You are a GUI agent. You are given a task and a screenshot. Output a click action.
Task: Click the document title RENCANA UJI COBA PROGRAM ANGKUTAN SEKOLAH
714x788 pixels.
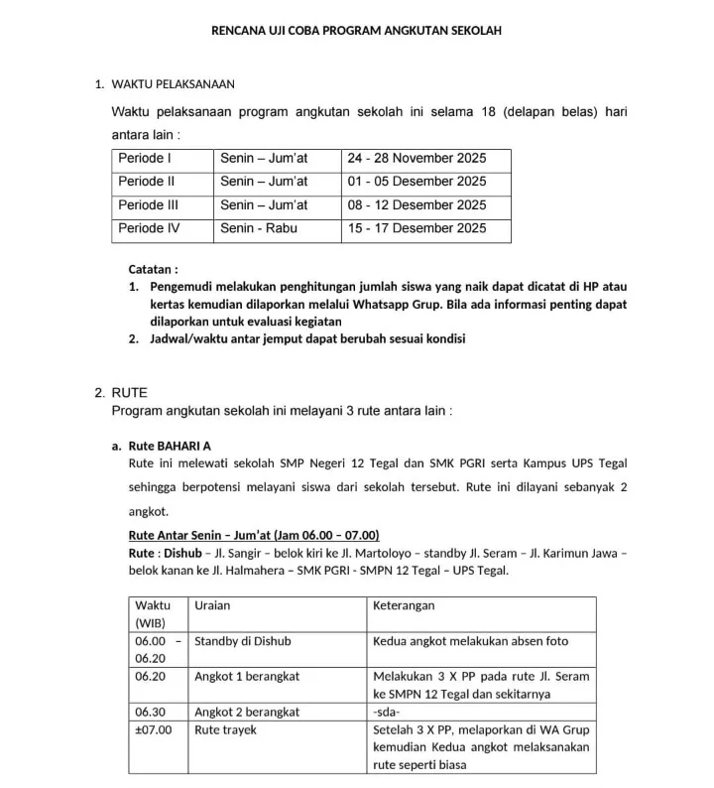pyautogui.click(x=357, y=31)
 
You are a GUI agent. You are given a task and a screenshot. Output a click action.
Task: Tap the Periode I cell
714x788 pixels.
pyautogui.click(x=145, y=159)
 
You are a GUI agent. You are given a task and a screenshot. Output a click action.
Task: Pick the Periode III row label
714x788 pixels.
pyautogui.click(x=148, y=205)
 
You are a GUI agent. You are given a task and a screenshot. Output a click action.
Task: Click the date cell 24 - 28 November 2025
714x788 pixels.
pyautogui.click(x=416, y=159)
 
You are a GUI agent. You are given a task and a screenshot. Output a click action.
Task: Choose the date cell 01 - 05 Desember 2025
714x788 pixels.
pyautogui.click(x=416, y=182)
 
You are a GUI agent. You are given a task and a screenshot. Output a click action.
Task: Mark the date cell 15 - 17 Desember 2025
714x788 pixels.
pyautogui.click(x=416, y=229)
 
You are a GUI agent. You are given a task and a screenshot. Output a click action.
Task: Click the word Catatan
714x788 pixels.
pyautogui.click(x=153, y=269)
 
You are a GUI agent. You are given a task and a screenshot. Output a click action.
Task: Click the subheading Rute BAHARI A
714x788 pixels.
pyautogui.click(x=170, y=446)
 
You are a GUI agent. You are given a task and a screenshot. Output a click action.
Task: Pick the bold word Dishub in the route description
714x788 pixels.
pyautogui.click(x=183, y=553)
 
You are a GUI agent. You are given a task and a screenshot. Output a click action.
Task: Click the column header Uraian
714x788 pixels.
pyautogui.click(x=212, y=605)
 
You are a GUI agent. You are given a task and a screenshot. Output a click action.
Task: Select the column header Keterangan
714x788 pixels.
pyautogui.click(x=404, y=605)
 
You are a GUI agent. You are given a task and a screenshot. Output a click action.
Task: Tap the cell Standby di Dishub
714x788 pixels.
pyautogui.click(x=242, y=641)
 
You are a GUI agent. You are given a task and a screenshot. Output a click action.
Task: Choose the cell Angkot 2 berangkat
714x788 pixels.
pyautogui.click(x=247, y=712)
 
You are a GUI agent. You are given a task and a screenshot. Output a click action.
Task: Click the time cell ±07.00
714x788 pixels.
pyautogui.click(x=154, y=729)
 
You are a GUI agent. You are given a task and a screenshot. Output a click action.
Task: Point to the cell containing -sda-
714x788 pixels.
pyautogui.click(x=387, y=712)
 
